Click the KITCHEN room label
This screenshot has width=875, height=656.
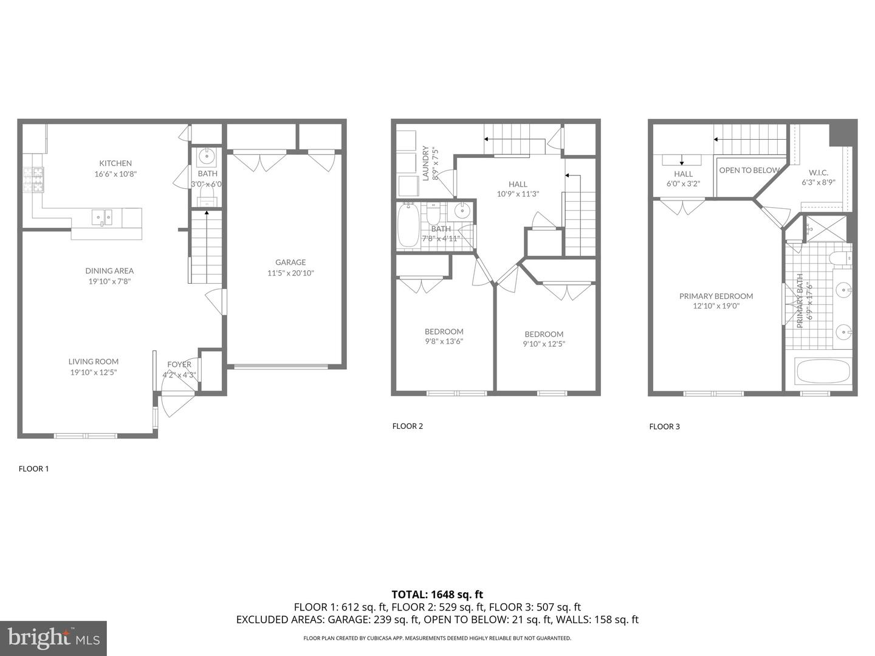[x=115, y=163]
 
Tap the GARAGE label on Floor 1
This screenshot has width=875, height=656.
[x=290, y=262]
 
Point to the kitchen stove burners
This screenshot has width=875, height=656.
[x=33, y=180]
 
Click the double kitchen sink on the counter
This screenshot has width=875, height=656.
[x=102, y=217]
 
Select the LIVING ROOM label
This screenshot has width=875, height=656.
[x=94, y=361]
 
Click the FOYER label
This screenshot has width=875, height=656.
[x=179, y=364]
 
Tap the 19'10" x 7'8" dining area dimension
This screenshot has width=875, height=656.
[x=109, y=282]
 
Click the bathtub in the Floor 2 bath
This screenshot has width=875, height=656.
[x=408, y=225]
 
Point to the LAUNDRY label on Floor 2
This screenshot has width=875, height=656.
[x=426, y=163]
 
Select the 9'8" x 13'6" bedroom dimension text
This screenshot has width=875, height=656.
[x=444, y=341]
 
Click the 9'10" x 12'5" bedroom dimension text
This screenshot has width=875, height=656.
[x=544, y=344]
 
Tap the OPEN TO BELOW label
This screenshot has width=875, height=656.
[x=749, y=171]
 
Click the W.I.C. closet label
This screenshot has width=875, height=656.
[x=818, y=173]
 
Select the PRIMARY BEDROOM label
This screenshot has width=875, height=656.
[x=716, y=296]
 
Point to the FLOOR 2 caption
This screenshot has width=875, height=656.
[x=407, y=426]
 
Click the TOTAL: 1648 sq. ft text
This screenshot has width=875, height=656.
[x=437, y=595]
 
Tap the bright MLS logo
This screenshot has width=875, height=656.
[x=53, y=638]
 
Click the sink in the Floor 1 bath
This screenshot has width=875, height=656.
[x=207, y=157]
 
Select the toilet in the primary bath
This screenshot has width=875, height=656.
[x=840, y=259]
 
